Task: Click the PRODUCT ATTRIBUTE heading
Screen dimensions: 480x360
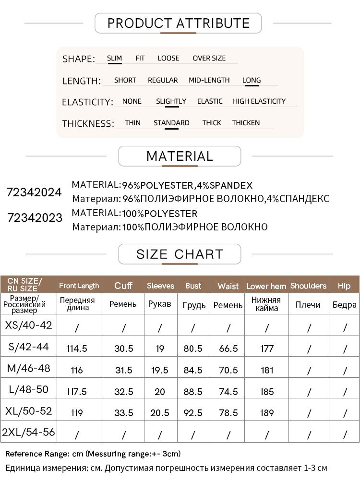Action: point(178,23)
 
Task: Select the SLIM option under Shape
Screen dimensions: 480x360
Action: point(114,58)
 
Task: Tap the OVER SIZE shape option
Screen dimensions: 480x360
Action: point(209,58)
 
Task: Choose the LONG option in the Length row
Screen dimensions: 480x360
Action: point(252,80)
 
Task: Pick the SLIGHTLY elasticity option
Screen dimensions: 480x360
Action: point(171,101)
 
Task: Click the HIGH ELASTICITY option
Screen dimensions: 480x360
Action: point(259,101)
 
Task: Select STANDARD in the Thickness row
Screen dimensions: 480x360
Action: point(171,123)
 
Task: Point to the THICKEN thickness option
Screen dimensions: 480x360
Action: point(246,123)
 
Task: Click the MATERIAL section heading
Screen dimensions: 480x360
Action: point(179,156)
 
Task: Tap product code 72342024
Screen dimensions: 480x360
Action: point(34,192)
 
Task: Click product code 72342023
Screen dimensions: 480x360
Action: point(35,218)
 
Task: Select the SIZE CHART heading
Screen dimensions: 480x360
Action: point(180,254)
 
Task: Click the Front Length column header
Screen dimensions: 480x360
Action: point(79,286)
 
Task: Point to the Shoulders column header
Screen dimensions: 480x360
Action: point(308,286)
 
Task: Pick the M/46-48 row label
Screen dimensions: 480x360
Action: point(28,369)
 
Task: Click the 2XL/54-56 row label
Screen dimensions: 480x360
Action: point(28,432)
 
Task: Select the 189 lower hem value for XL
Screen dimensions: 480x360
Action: point(266,413)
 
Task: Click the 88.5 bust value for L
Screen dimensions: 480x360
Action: point(193,392)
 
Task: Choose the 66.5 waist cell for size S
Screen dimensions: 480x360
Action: point(228,348)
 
